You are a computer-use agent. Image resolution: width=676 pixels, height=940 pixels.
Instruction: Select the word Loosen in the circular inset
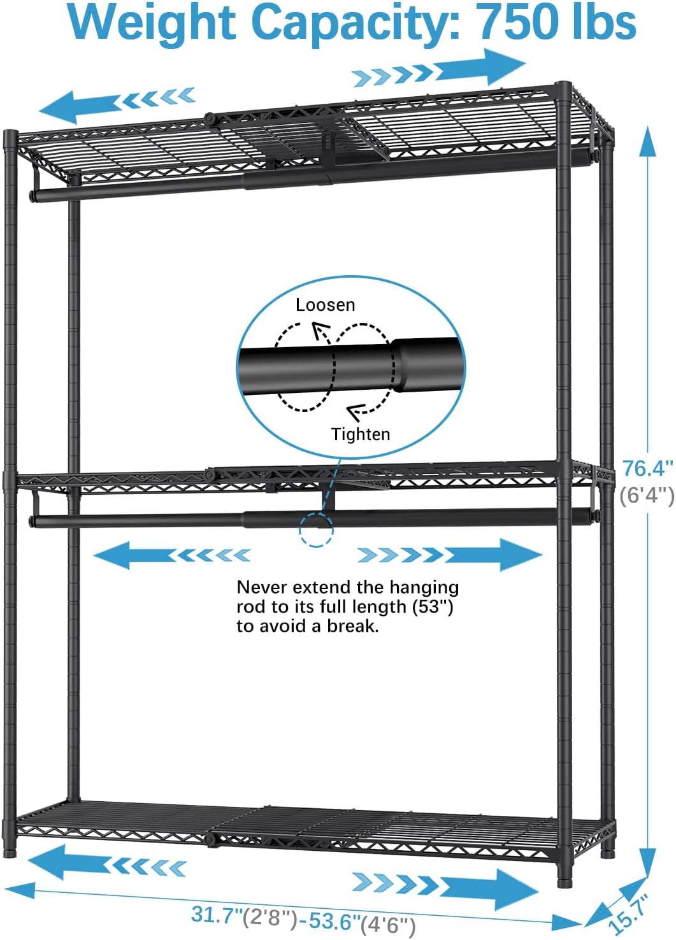point(325,305)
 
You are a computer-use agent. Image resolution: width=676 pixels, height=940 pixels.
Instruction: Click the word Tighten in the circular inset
point(361,434)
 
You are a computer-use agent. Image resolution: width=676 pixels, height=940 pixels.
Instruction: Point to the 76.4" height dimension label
point(647,469)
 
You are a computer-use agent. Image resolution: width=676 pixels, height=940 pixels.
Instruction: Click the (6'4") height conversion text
point(647,494)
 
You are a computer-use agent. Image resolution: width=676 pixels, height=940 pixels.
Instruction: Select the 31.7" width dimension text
point(217,915)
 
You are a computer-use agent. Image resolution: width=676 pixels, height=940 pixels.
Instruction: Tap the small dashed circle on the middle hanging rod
point(316,530)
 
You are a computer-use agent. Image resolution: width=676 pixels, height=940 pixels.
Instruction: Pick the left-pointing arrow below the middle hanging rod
point(172,555)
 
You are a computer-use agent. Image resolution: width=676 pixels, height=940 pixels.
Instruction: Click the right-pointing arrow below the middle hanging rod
point(450,555)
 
